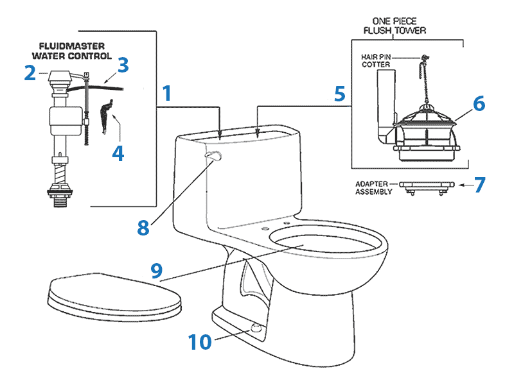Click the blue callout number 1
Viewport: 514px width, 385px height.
pos(166,94)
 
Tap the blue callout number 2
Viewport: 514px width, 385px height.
pos(30,73)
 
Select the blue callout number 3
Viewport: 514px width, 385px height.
pos(123,65)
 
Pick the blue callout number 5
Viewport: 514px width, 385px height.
pos(341,94)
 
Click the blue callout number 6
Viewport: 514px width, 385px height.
pos(479,103)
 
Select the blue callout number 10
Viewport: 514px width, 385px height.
pos(199,342)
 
